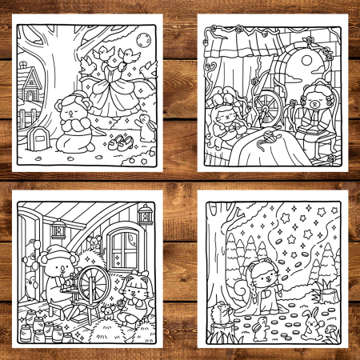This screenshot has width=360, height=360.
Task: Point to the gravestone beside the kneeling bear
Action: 37,138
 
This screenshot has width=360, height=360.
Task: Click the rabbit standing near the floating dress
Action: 145,126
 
